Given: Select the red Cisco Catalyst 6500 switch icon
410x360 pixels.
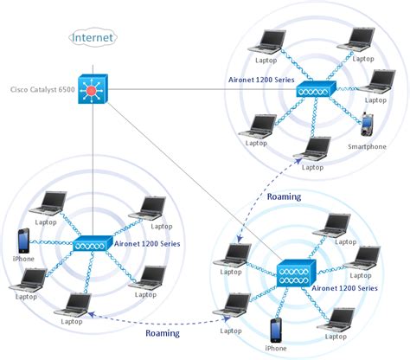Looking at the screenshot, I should [x=92, y=89].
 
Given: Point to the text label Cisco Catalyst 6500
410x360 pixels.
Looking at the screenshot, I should [x=41, y=89].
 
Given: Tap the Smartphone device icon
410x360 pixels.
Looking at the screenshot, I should [x=367, y=125].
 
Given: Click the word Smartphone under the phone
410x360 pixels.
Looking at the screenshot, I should [x=367, y=146].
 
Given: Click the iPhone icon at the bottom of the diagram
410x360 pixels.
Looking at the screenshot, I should [x=275, y=330].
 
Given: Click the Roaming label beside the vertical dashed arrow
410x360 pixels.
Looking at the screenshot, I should [x=284, y=196].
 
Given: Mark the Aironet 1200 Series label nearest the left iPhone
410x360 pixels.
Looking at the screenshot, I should [x=146, y=244].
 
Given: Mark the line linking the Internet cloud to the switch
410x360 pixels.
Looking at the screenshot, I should [x=92, y=61].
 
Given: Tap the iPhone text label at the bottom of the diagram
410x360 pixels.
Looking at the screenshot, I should [x=275, y=348].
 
